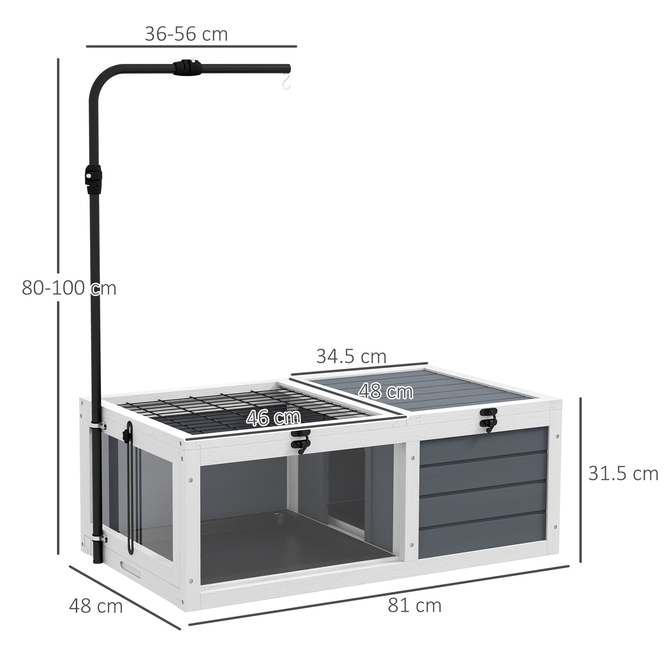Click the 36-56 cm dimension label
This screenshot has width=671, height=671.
coord(186,34)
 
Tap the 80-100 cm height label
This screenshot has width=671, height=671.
coord(69,288)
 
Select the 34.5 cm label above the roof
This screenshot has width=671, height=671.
coord(351,356)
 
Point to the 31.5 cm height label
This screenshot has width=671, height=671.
coord(623,474)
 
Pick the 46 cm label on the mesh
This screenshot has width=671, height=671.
coord(273,418)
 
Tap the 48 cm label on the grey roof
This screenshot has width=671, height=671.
coord(385,392)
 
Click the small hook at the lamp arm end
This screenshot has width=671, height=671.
coord(286,83)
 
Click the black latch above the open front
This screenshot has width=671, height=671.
coord(301,441)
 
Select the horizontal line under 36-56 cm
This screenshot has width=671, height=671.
coord(191,46)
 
